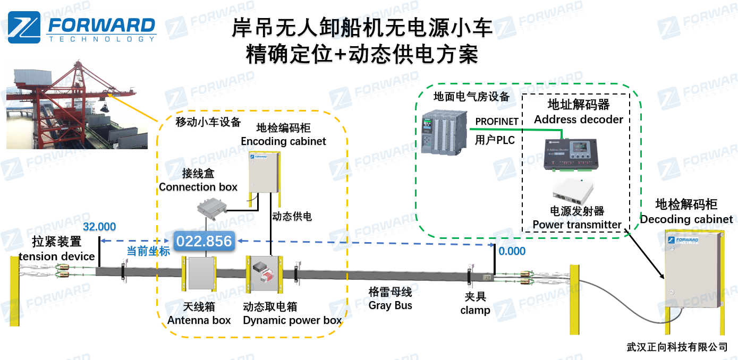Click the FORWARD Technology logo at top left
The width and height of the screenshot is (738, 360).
point(82,28)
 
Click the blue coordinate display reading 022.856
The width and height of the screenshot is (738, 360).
point(204,242)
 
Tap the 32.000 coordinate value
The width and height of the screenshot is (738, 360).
point(99,227)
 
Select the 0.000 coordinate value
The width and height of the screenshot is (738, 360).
point(513,251)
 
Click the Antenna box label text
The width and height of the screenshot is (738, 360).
point(199,320)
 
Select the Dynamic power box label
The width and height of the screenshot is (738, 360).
point(292,320)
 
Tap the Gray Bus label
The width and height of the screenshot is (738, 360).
point(391,306)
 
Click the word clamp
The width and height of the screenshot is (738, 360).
point(475,310)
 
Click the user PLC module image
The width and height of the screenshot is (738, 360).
point(444,133)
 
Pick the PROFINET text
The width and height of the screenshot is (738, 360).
point(497,122)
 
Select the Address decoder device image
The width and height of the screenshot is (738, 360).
point(570,155)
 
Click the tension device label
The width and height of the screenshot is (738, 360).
point(57,256)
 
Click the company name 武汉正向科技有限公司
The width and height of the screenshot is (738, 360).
point(677,347)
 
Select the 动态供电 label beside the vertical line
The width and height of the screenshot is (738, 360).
point(292,217)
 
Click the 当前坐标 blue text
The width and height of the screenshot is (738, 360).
point(148,251)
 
